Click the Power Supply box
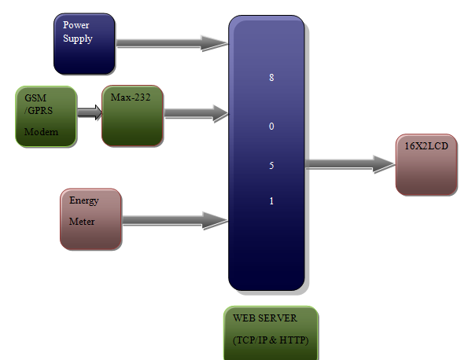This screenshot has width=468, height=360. click(x=84, y=43)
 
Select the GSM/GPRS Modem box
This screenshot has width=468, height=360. click(x=46, y=116)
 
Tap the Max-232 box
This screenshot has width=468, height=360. click(x=132, y=116)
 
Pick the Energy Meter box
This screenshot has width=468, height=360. click(x=91, y=219)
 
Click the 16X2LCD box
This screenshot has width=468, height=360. click(x=426, y=164)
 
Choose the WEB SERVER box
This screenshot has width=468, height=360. click(x=271, y=332)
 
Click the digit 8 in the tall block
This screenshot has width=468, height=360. click(x=271, y=78)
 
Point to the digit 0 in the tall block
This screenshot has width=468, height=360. click(x=271, y=127)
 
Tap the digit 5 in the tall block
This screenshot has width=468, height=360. click(x=271, y=166)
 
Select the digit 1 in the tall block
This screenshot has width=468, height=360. click(x=271, y=201)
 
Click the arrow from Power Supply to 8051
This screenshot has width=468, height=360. click(x=172, y=43)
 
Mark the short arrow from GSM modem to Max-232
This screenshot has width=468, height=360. click(x=90, y=112)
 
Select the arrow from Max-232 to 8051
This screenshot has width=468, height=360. click(x=197, y=113)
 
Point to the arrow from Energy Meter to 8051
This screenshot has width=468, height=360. click(x=175, y=221)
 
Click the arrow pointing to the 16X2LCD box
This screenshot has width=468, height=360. click(x=350, y=164)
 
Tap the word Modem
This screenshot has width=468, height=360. click(x=41, y=132)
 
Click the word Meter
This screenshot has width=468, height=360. click(x=82, y=222)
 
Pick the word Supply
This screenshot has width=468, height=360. click(x=78, y=39)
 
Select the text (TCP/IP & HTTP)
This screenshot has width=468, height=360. click(x=271, y=340)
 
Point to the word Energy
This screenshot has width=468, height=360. click(x=84, y=200)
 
